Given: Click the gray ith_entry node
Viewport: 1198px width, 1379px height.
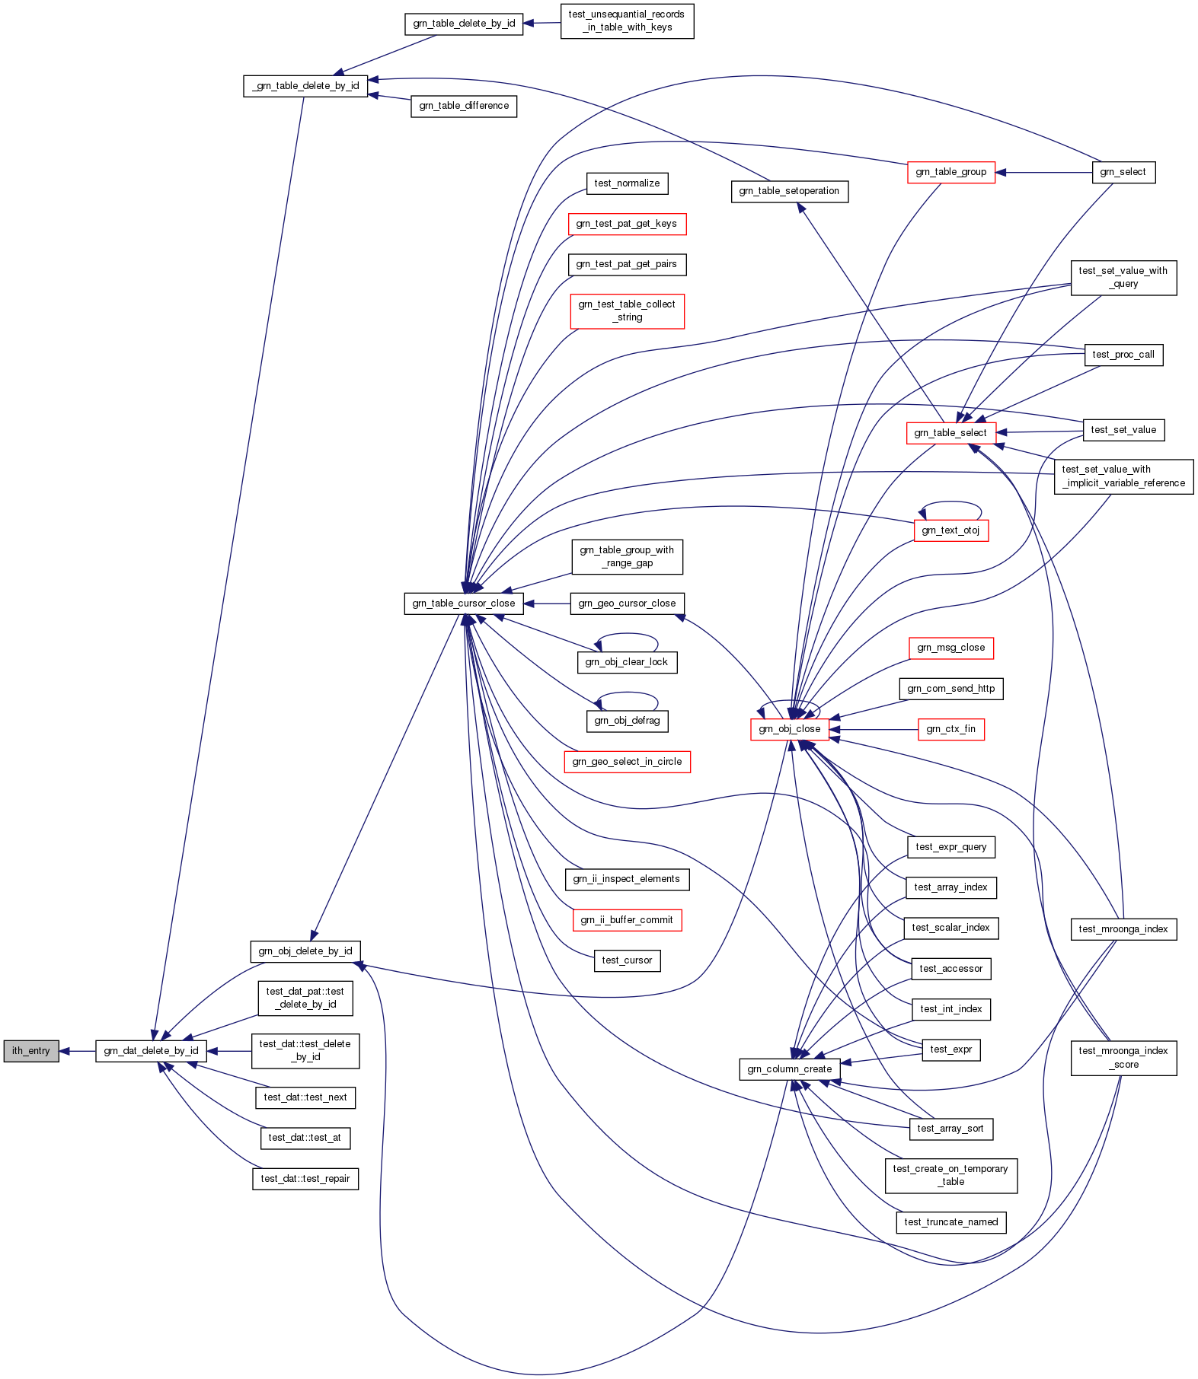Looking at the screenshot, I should [x=31, y=1051].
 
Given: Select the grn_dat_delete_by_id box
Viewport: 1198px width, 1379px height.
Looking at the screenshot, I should [x=151, y=1051].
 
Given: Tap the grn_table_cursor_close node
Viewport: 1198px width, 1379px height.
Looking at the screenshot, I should [x=463, y=604].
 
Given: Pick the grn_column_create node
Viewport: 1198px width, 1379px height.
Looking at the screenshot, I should [x=789, y=1069].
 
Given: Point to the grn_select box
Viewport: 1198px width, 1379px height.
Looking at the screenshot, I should [x=1123, y=172].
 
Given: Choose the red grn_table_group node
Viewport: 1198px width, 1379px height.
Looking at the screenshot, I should [x=950, y=172].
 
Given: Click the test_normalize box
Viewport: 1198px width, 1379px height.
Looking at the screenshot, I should [x=627, y=183].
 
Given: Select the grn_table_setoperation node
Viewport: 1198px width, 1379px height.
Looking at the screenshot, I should [x=789, y=191].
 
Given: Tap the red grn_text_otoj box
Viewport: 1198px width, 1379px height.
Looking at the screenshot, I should [x=950, y=530].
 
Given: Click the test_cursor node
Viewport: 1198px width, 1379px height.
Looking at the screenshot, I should [x=627, y=960].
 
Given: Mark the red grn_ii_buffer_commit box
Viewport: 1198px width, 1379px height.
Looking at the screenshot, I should [x=627, y=920].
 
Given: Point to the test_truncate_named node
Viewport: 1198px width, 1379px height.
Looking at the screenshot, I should [x=950, y=1222].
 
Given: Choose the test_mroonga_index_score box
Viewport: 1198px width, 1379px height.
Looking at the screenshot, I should [x=1123, y=1058].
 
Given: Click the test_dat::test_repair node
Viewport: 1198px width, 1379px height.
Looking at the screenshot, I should [x=305, y=1179].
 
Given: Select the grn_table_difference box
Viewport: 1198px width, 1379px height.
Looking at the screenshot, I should [x=464, y=106].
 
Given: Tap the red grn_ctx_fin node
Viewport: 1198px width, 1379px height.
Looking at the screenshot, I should [x=950, y=729].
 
